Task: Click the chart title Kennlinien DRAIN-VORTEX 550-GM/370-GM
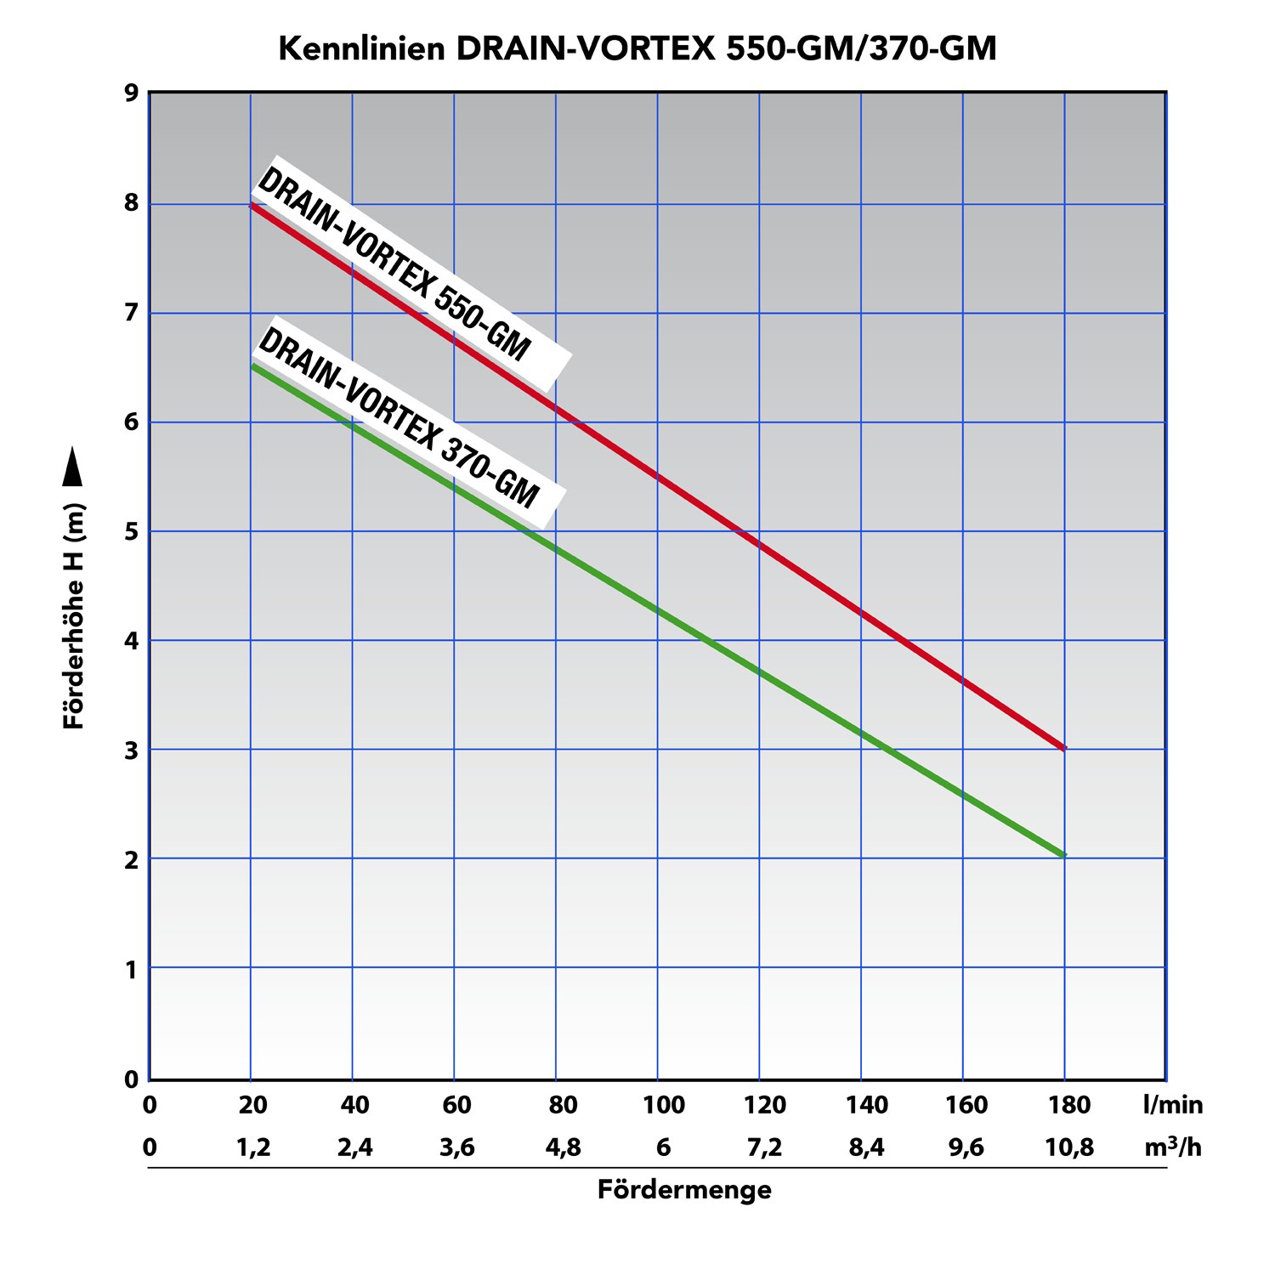[637, 49]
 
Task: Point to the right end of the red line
[1062, 748]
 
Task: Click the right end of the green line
[1062, 854]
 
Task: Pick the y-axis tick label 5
[132, 532]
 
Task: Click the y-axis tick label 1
[132, 969]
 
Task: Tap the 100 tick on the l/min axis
[664, 1105]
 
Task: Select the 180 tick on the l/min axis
[1069, 1105]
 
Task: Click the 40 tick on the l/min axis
[354, 1105]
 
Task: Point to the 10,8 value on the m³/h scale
[1069, 1148]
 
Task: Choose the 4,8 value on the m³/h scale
[563, 1148]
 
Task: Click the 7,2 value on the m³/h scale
[765, 1148]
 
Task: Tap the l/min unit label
[1173, 1105]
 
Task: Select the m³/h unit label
[1173, 1147]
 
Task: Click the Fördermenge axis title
[684, 1190]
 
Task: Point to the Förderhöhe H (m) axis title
[75, 616]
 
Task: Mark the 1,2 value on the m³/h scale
[253, 1148]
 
